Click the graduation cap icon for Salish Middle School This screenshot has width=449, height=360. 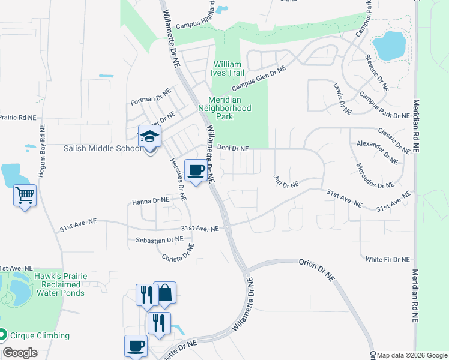tap(149, 136)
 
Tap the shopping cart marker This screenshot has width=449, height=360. tap(25, 194)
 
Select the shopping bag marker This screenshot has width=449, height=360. tap(165, 293)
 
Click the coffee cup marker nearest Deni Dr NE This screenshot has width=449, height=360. tap(196, 170)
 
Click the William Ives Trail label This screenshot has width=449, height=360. tap(226, 68)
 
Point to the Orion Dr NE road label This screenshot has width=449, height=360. tap(315, 268)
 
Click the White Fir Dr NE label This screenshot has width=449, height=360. tap(387, 259)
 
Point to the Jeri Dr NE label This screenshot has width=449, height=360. tap(286, 182)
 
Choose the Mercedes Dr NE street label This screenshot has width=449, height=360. tap(372, 176)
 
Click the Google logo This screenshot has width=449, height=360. tap(19, 352)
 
